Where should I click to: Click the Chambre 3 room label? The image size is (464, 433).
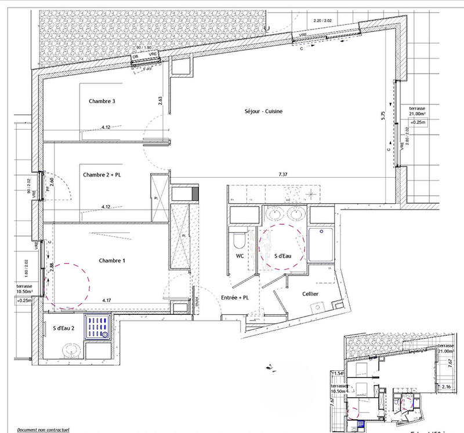[x=102, y=101]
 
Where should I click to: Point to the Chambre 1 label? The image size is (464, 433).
[x=112, y=260]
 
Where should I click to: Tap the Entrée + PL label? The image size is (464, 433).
[x=235, y=297]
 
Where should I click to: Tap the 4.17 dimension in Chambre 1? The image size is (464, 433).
[x=106, y=300]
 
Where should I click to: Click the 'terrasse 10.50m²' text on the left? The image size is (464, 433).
[x=24, y=289]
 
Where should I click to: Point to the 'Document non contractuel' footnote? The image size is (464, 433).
[x=43, y=430]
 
